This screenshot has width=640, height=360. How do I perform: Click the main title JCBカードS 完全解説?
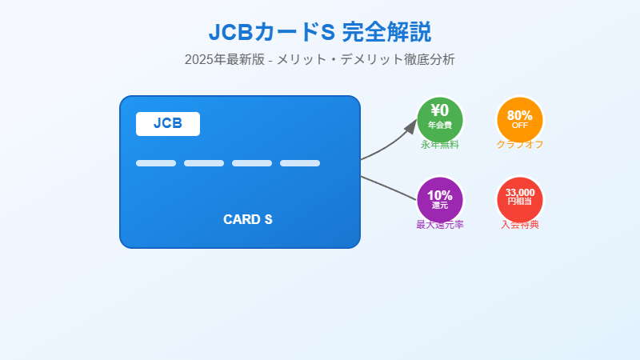click(320, 32)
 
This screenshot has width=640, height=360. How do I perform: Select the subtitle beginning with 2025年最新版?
click(320, 59)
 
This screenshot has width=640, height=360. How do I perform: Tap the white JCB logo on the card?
click(168, 124)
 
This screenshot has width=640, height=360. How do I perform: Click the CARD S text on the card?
click(248, 219)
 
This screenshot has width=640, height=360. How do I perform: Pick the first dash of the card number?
click(156, 163)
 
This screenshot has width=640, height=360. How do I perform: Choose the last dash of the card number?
click(300, 163)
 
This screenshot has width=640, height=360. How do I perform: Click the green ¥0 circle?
click(440, 118)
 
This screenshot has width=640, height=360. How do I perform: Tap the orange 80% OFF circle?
click(520, 118)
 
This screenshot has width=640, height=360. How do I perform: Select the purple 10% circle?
click(440, 198)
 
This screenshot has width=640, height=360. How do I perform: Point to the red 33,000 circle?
click(520, 198)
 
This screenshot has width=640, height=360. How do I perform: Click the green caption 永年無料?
click(440, 145)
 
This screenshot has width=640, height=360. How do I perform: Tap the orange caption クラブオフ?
click(520, 145)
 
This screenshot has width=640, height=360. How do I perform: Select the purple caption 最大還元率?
click(440, 225)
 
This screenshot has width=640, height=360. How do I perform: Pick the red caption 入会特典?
click(520, 225)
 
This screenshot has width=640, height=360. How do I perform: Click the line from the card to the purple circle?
click(388, 187)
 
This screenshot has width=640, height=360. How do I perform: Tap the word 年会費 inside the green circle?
click(440, 126)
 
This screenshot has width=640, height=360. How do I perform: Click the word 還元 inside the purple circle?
click(440, 206)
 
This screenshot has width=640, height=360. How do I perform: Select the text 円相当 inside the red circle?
click(520, 202)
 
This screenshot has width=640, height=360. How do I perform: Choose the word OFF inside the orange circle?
click(520, 125)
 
